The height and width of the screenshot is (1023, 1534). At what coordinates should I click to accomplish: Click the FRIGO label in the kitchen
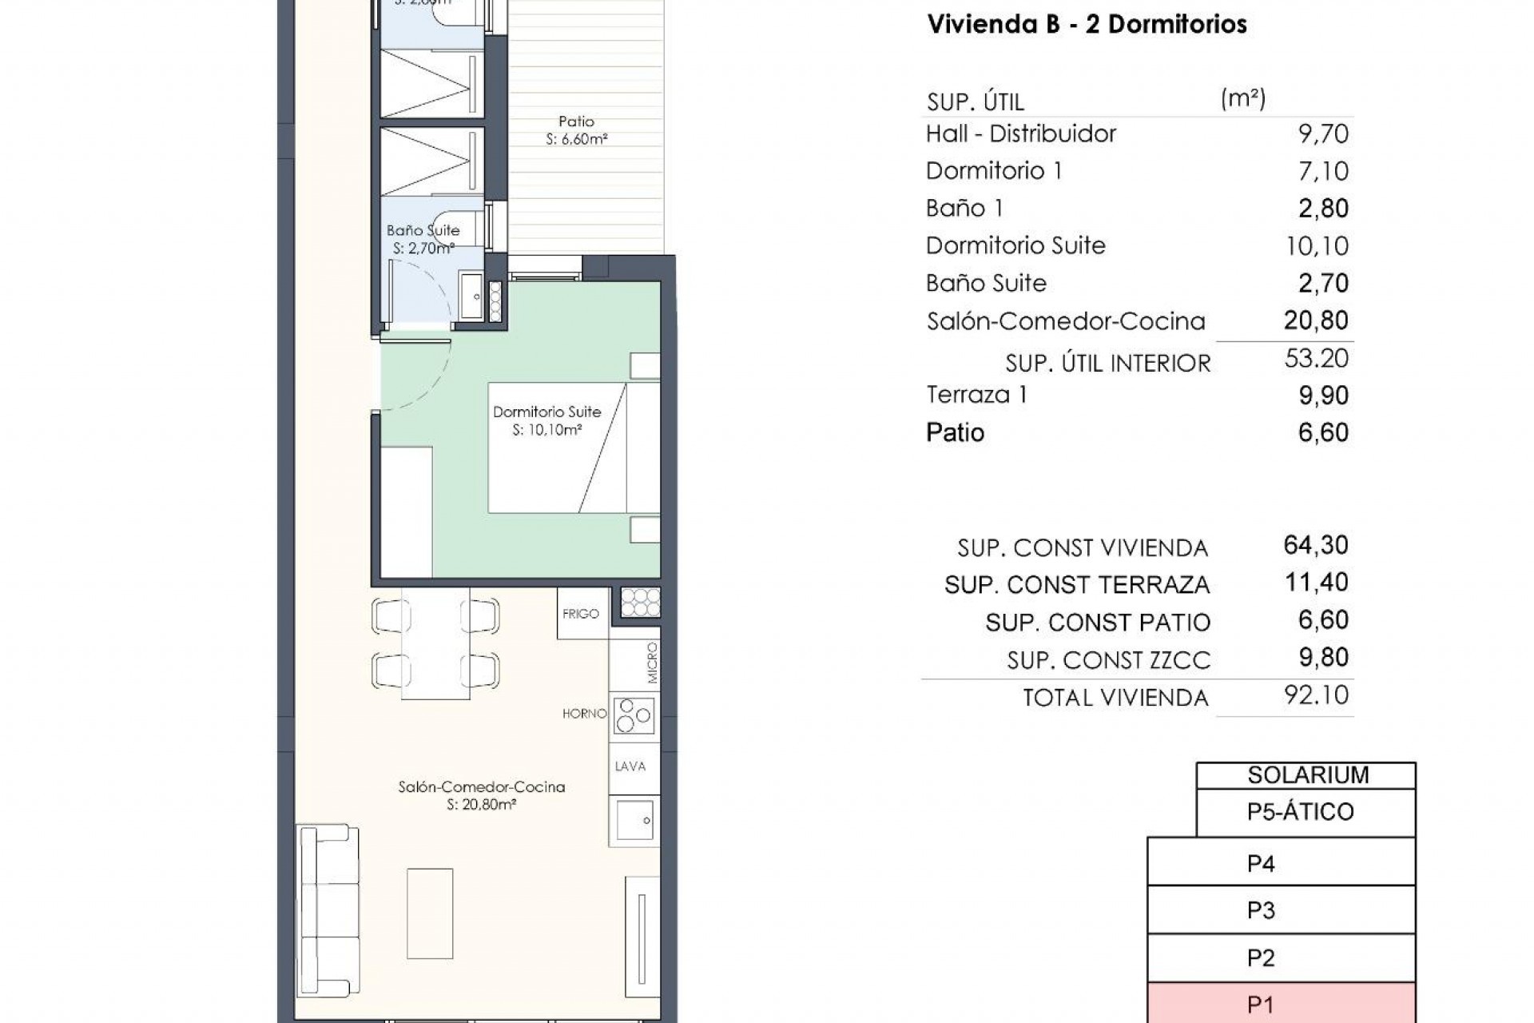(581, 614)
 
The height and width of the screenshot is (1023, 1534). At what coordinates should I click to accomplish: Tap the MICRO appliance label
(652, 663)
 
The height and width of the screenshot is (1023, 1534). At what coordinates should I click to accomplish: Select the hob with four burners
(634, 715)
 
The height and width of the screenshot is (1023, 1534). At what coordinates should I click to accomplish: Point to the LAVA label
(630, 766)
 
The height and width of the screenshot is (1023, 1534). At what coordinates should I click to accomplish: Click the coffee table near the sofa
(430, 914)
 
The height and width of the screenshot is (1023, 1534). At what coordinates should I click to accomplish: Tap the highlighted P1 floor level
(1281, 1005)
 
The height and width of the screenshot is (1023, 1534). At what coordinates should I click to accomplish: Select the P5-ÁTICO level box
(1305, 812)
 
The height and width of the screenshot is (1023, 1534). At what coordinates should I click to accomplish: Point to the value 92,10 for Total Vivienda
(1316, 695)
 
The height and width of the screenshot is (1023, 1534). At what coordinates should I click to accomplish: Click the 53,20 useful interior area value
(1316, 358)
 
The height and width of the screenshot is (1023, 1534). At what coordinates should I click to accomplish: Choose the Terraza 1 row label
(976, 395)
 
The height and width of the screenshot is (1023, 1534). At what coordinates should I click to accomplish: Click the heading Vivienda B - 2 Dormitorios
(1087, 24)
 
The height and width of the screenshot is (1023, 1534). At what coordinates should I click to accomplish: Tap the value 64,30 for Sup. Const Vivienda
(1316, 545)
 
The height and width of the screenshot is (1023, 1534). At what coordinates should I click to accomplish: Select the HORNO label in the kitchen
(584, 714)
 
